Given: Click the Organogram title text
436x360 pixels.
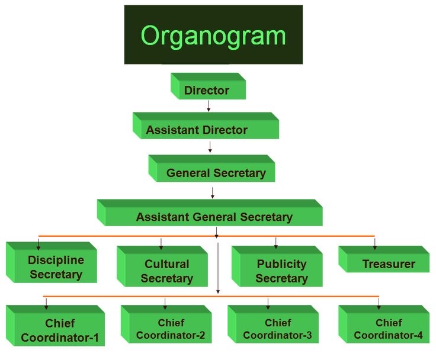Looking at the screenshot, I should [x=213, y=36].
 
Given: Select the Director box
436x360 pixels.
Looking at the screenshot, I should [x=207, y=90].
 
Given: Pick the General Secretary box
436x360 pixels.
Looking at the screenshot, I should [x=216, y=173].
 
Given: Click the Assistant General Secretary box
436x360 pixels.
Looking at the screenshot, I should [x=214, y=217].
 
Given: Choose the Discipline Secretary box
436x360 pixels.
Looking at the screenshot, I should [x=56, y=267].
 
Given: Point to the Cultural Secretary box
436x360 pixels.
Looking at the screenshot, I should [x=166, y=271].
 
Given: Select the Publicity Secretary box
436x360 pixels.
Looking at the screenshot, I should [x=281, y=271].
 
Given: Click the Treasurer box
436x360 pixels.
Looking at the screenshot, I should [x=389, y=264].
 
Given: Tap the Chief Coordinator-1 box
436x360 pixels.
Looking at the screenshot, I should [x=59, y=330].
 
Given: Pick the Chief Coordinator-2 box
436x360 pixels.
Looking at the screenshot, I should [x=171, y=329].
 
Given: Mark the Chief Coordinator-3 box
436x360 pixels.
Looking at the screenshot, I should [x=277, y=329].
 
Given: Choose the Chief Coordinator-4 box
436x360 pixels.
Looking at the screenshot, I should [x=388, y=329].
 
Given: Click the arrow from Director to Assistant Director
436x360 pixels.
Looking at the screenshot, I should [x=209, y=106].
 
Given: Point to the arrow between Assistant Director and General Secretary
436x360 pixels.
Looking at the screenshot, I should [x=210, y=147].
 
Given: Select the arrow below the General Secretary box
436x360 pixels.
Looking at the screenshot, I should [x=213, y=192].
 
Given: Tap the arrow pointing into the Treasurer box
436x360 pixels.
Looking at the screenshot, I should [x=374, y=243].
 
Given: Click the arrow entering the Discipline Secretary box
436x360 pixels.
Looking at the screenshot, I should [x=39, y=243].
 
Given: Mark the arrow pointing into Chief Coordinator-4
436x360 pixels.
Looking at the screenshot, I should [x=379, y=303].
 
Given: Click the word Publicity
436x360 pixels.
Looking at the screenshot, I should [x=281, y=264].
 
